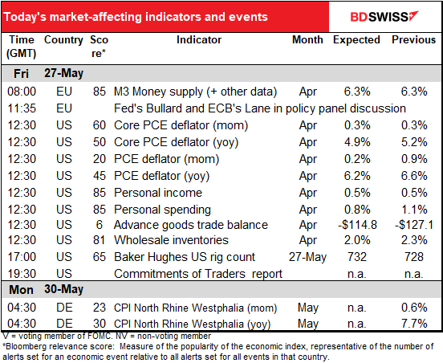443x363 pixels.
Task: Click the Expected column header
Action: pyautogui.click(x=356, y=46)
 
